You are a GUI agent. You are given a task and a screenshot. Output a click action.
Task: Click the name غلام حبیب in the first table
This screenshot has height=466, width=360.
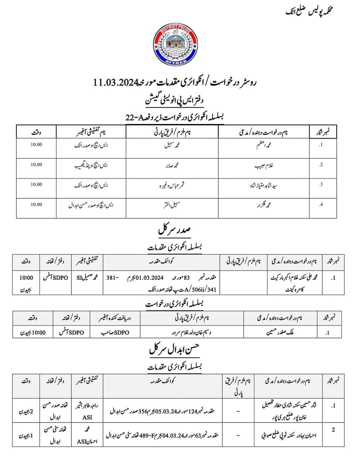click(264, 165)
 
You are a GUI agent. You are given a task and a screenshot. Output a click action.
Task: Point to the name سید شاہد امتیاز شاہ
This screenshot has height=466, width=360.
click(263, 185)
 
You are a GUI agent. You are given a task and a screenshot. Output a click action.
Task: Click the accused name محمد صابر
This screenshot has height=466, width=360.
click(172, 165)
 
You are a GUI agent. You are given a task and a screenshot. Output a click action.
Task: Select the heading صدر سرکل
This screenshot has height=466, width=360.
click(174, 230)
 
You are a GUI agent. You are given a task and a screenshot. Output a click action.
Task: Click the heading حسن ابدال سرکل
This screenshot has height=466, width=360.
click(174, 349)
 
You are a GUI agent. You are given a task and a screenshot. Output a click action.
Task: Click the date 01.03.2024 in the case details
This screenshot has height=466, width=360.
click(149, 278)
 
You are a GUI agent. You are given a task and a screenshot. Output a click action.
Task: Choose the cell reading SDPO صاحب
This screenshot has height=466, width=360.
click(115, 332)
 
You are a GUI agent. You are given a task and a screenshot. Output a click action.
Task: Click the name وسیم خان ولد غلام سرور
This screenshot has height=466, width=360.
click(192, 332)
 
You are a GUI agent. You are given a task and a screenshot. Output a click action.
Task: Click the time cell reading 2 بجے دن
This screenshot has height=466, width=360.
click(26, 411)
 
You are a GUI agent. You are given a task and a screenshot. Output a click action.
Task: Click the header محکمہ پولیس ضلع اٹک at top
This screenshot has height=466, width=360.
click(310, 11)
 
